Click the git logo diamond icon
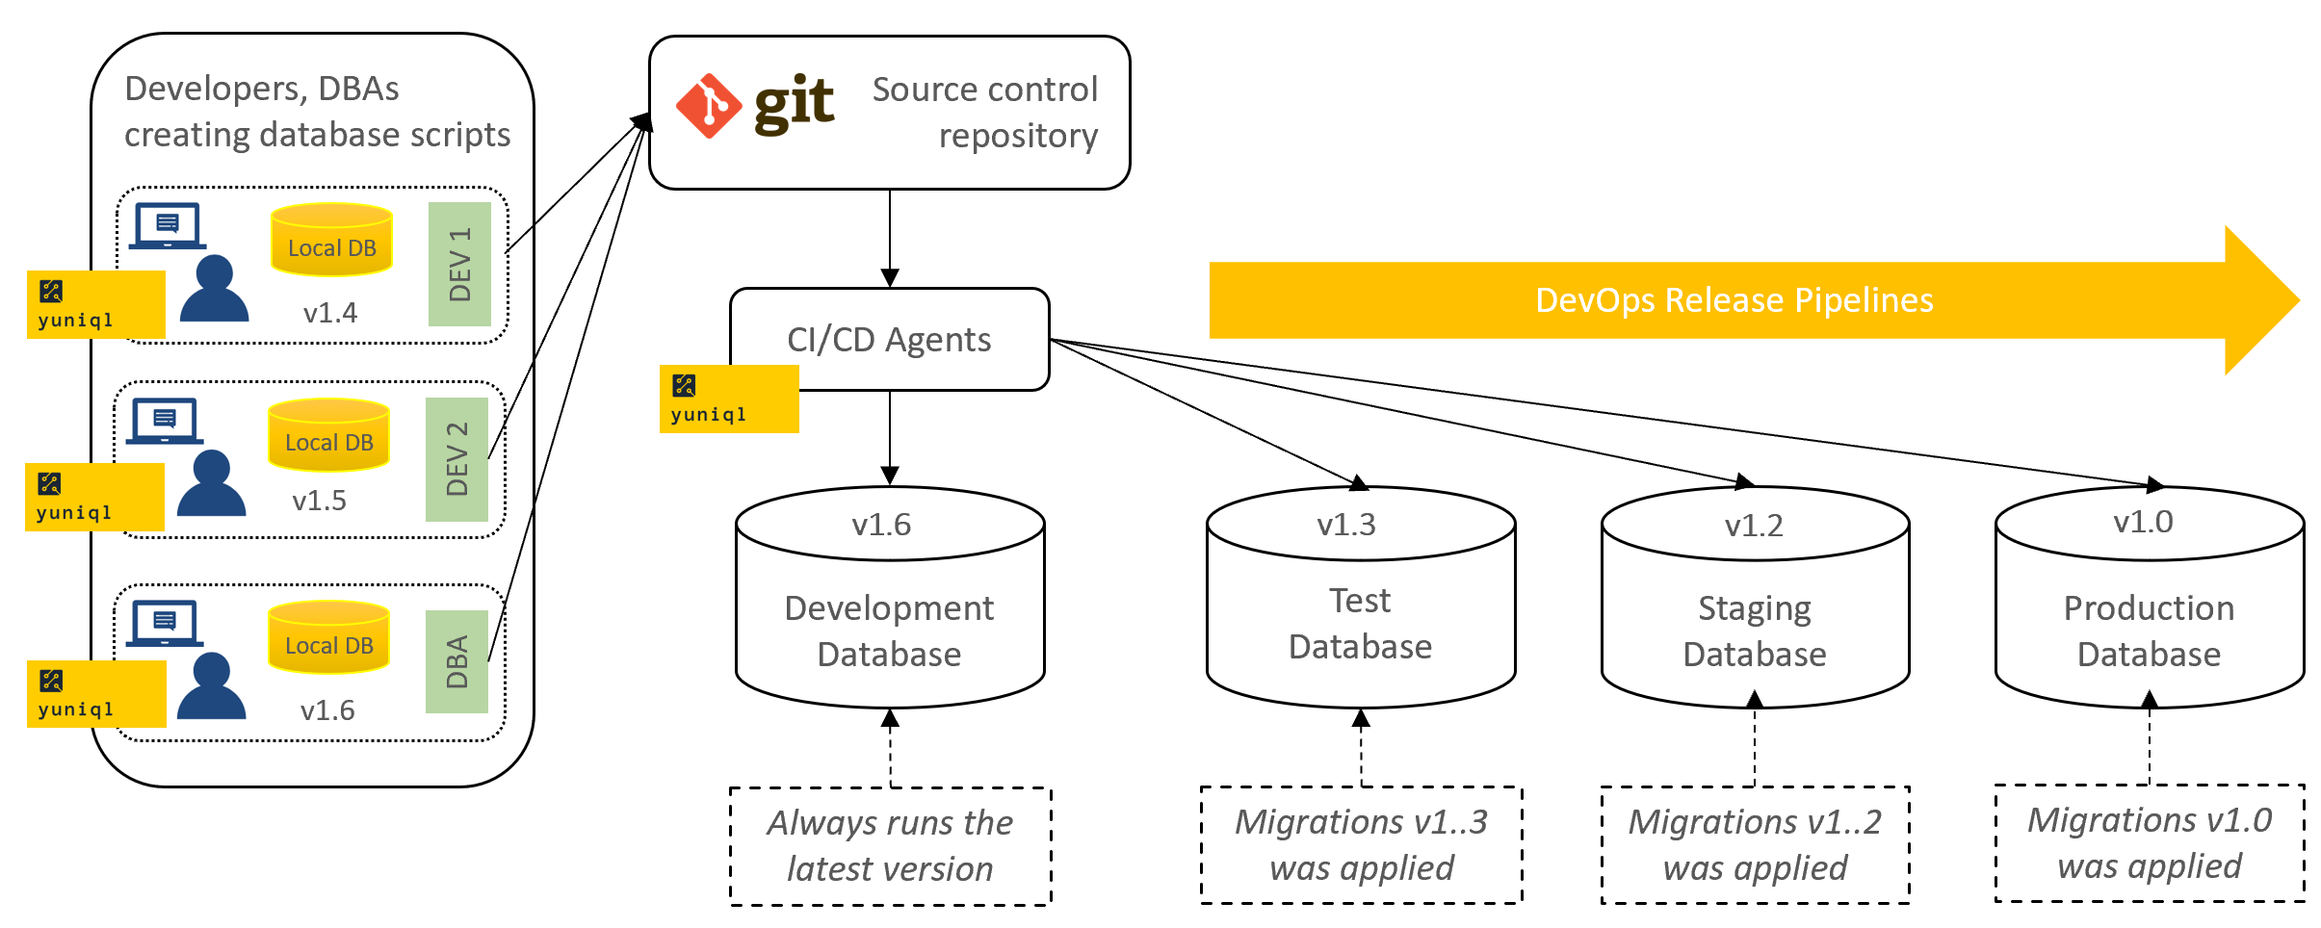coord(709,106)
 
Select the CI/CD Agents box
coord(890,339)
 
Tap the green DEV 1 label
coord(460,264)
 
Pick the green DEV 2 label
coord(457,459)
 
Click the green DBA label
coord(457,661)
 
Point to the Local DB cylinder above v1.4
coord(332,240)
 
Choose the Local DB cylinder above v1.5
coord(329,435)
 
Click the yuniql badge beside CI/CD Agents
coord(729,399)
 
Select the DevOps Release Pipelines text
coord(1734,300)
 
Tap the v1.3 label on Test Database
coord(1346,525)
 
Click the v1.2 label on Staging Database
coord(1754,526)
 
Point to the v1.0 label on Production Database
coord(2143,522)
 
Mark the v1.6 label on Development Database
coord(881,525)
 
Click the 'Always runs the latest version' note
coord(891,846)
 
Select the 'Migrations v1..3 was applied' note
coord(1362,845)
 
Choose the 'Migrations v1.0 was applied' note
coord(2150,843)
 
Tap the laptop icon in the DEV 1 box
coord(168,225)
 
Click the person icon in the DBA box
coord(212,685)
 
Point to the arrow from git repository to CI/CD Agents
coord(890,239)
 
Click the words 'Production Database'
coord(2149,631)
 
